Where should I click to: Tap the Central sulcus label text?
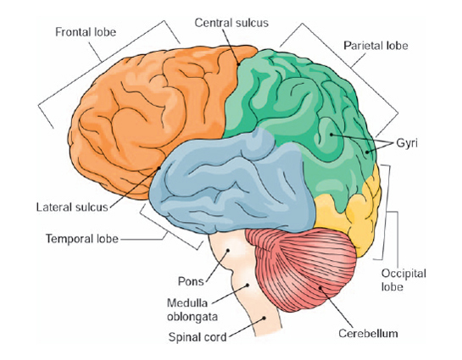(x=231, y=22)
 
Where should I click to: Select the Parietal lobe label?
(x=371, y=43)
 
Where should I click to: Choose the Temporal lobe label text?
(x=81, y=238)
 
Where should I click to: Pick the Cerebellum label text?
(x=370, y=334)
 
